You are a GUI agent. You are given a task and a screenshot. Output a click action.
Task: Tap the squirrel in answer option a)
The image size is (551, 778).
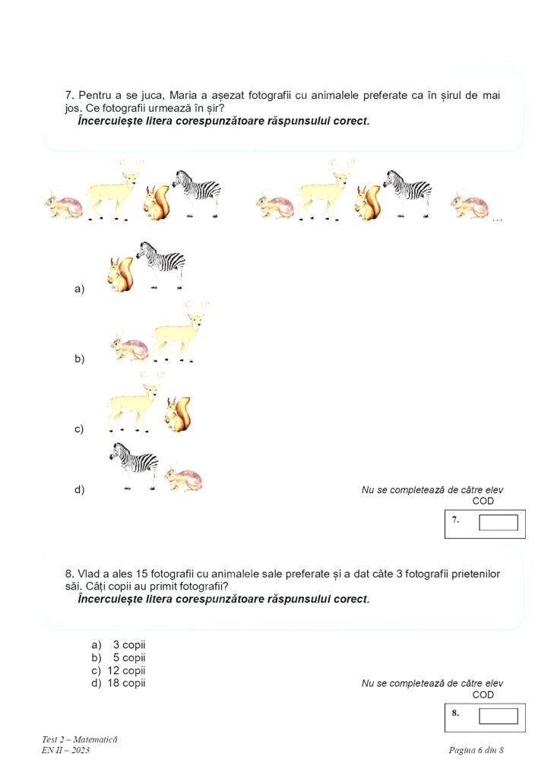click(121, 276)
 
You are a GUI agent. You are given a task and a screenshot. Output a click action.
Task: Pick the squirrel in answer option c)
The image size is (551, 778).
click(178, 415)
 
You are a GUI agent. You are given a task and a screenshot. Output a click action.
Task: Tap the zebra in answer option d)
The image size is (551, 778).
click(134, 463)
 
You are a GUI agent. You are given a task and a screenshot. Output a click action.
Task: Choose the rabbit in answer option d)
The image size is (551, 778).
click(185, 478)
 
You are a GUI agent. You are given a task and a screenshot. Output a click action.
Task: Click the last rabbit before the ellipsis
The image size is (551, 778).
click(470, 205)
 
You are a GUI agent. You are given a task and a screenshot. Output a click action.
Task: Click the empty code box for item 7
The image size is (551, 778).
click(498, 523)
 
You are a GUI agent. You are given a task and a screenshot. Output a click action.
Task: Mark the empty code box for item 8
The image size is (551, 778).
click(498, 716)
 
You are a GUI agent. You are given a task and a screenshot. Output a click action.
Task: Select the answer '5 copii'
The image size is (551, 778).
click(128, 658)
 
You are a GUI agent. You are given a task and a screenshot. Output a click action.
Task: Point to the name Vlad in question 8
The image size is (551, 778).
click(90, 574)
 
